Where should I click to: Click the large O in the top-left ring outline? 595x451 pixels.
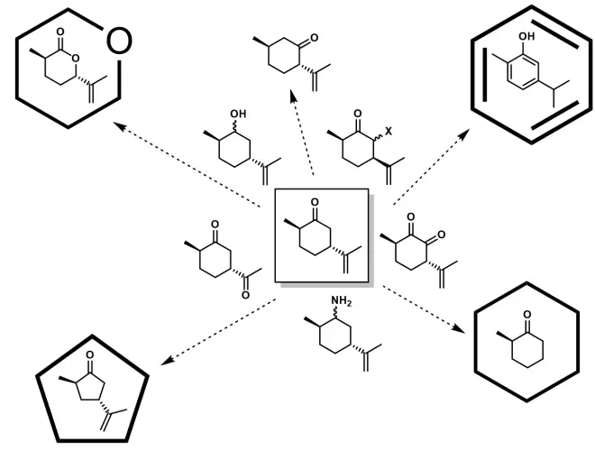(119, 40)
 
